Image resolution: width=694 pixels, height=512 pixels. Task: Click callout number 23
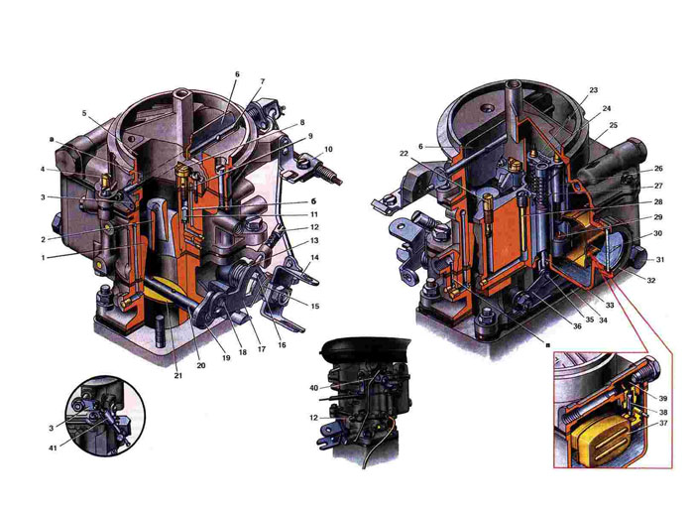[594, 90]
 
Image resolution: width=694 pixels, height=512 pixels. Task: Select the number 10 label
[328, 150]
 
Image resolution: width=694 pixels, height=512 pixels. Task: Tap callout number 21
[177, 376]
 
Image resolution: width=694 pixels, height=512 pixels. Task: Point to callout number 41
[54, 448]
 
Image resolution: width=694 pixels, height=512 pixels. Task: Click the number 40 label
[314, 388]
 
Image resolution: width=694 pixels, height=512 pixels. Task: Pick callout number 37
[663, 424]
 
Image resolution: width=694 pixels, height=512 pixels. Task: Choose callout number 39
[663, 398]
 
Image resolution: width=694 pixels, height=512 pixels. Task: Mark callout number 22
[404, 153]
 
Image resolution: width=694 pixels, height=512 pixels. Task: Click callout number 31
[660, 260]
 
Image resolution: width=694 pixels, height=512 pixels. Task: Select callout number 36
[577, 326]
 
